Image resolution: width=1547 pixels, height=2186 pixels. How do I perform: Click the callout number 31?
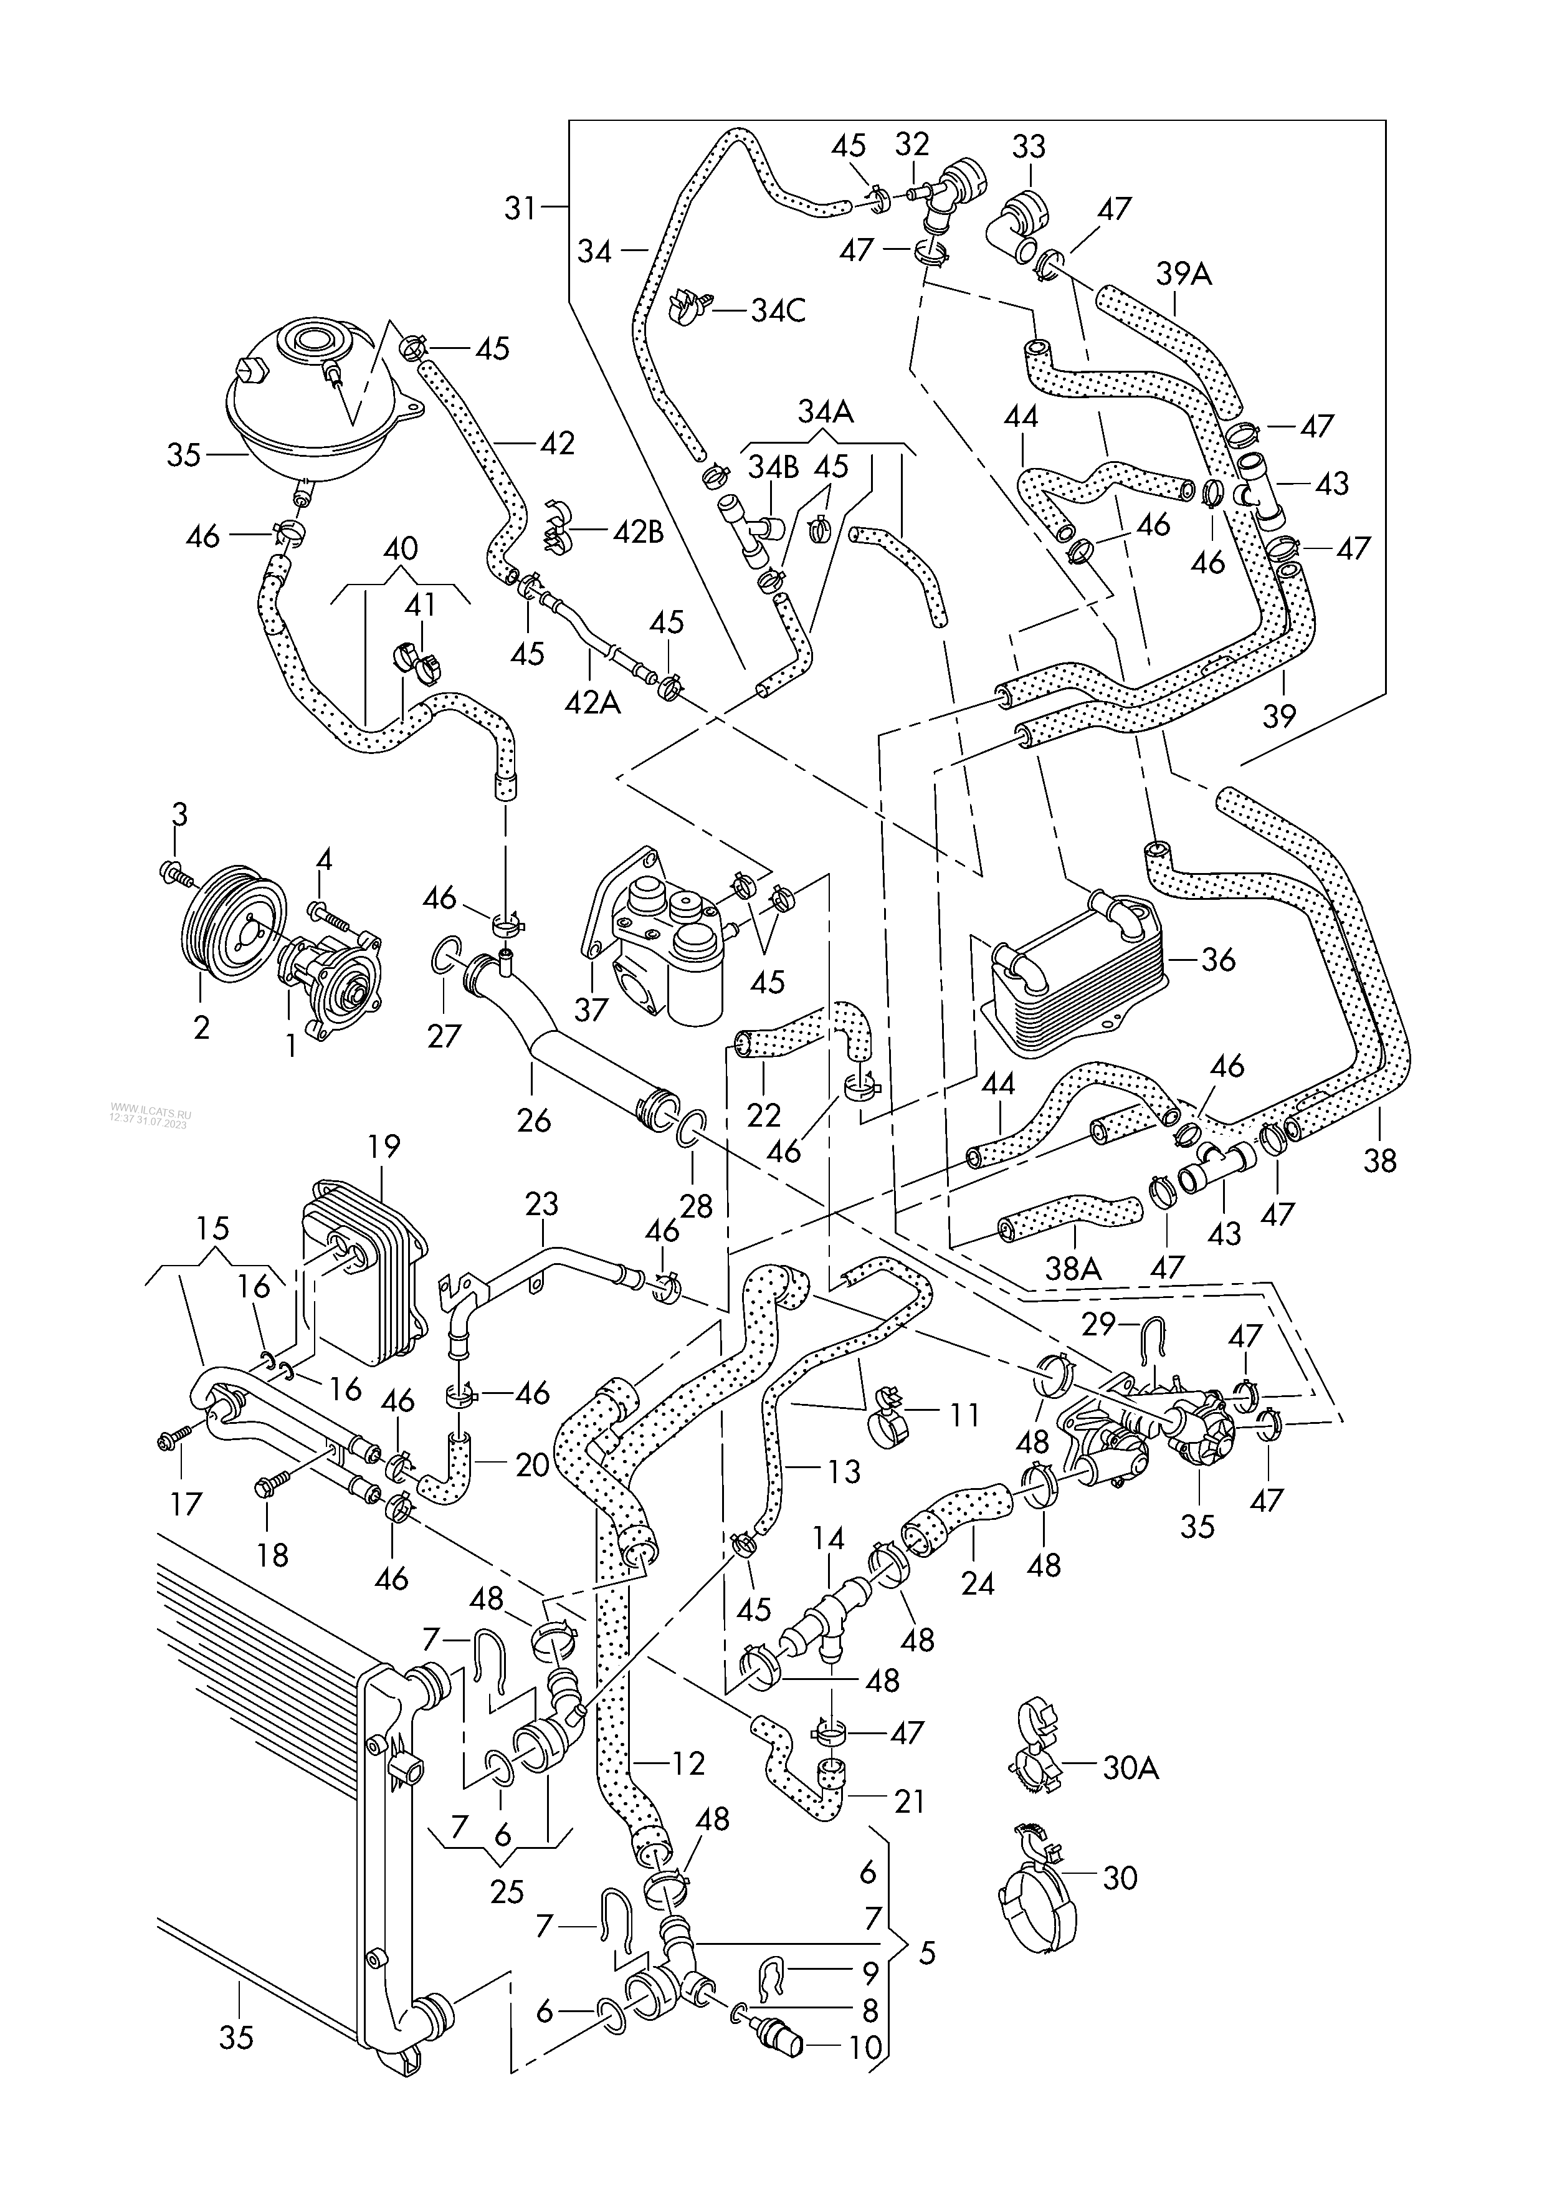click(520, 207)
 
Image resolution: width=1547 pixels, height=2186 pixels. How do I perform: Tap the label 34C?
click(778, 310)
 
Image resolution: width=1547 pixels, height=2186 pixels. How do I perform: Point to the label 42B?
click(637, 532)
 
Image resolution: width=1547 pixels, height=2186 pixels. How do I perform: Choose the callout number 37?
click(591, 1009)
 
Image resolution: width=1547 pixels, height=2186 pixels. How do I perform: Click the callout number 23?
click(542, 1204)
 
